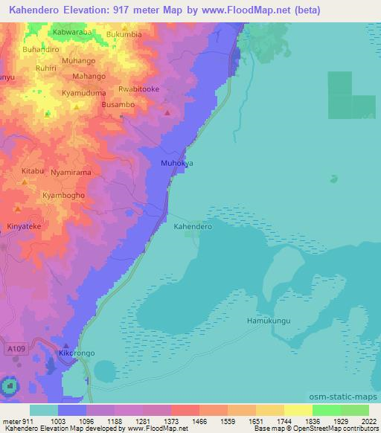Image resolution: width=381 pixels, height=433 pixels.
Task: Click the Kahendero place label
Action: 193,225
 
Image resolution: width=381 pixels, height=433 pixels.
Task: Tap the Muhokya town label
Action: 177,162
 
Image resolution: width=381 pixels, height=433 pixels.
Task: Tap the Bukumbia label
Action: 124,34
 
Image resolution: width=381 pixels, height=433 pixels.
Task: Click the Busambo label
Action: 118,106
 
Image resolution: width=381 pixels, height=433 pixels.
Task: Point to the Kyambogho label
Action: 63,195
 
